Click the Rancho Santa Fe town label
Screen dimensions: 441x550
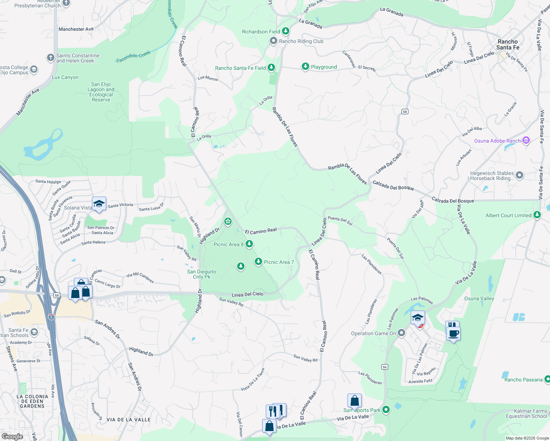click(508, 44)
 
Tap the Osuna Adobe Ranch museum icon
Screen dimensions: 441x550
click(526, 140)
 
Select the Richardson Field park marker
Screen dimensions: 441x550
click(285, 32)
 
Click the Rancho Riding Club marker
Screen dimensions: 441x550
click(274, 41)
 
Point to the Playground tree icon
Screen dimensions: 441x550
click(305, 67)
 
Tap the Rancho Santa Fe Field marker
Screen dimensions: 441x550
click(271, 68)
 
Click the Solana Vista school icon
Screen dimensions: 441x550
click(99, 204)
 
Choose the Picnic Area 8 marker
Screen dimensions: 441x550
click(249, 244)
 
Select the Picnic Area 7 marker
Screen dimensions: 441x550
click(258, 262)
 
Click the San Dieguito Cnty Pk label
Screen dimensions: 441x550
click(201, 274)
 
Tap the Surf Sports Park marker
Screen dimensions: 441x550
click(386, 409)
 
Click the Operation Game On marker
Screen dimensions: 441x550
click(401, 333)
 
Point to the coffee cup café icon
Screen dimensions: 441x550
click(453, 333)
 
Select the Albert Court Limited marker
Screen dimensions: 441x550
click(537, 215)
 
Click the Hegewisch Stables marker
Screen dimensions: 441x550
click(519, 175)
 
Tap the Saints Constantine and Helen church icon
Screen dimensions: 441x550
click(50, 58)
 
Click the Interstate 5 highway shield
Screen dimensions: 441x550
click(51, 317)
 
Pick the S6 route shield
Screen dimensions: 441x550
click(385, 367)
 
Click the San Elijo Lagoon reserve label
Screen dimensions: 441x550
click(101, 92)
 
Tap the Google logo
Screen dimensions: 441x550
click(12, 436)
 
